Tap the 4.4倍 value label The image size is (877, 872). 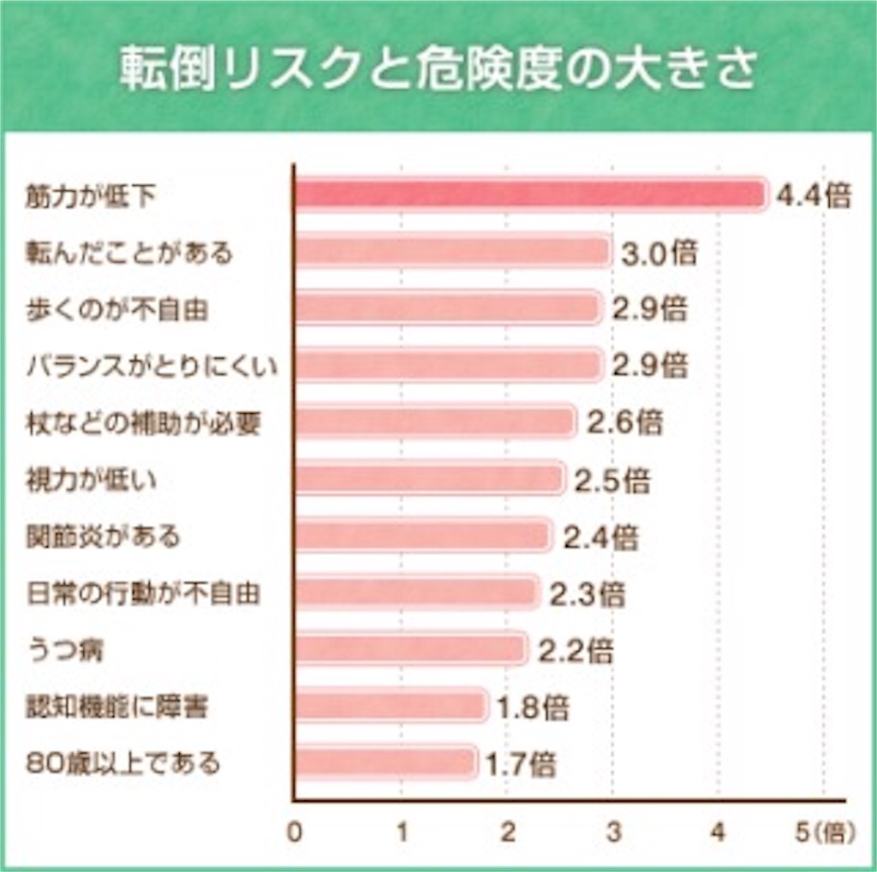point(813,196)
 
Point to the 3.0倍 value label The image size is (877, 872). point(659,254)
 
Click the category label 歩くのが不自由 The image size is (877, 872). point(117,309)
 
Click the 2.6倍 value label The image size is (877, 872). point(625,423)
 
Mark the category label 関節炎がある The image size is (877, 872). point(104,537)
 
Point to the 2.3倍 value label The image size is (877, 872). point(588,594)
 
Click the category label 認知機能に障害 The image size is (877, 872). point(117,707)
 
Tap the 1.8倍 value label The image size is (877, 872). point(533,708)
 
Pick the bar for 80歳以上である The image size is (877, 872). point(385,762)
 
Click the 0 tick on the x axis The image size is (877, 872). point(295,833)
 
